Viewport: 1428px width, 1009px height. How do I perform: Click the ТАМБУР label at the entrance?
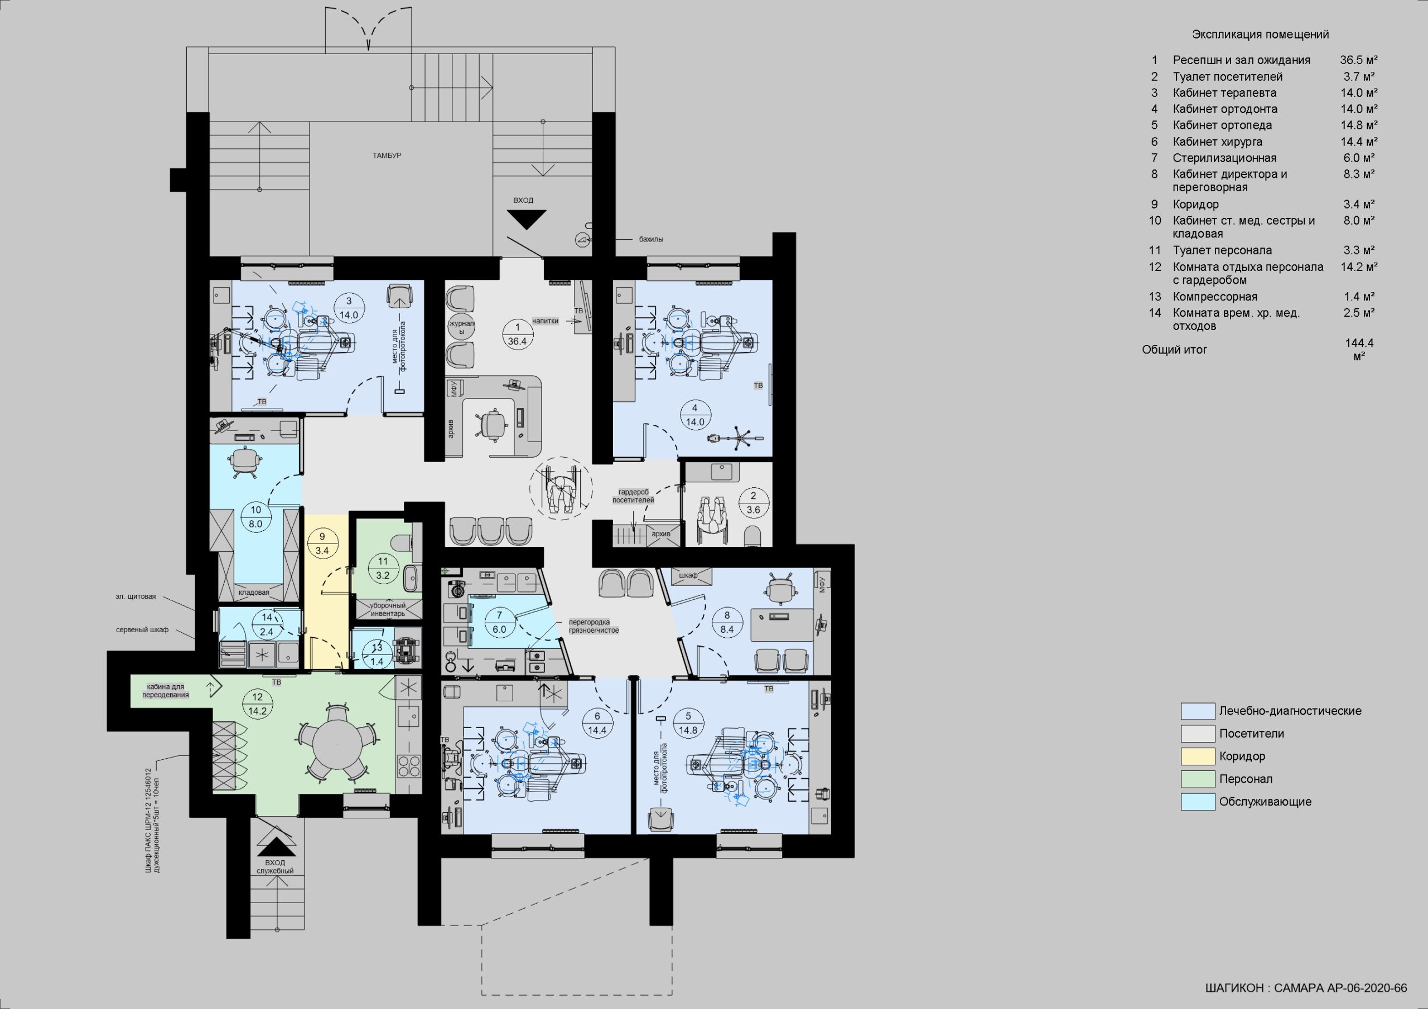tap(387, 155)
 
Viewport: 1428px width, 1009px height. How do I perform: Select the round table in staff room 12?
tap(336, 745)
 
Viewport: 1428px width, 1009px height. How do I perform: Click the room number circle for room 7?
tap(499, 622)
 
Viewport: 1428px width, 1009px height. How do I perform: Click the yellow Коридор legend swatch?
tap(1197, 756)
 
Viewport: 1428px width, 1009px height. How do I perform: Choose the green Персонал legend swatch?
tap(1197, 779)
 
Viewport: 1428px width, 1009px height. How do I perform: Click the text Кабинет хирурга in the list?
tap(1217, 142)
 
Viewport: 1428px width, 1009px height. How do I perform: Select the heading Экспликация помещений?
tap(1260, 35)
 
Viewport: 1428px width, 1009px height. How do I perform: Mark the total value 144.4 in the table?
tap(1358, 342)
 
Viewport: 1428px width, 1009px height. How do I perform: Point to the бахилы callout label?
tap(651, 239)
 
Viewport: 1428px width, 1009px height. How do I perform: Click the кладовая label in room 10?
tap(254, 593)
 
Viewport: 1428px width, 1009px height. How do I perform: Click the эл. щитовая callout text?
tap(135, 597)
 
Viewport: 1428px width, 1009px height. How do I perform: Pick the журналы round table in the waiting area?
tap(461, 328)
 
